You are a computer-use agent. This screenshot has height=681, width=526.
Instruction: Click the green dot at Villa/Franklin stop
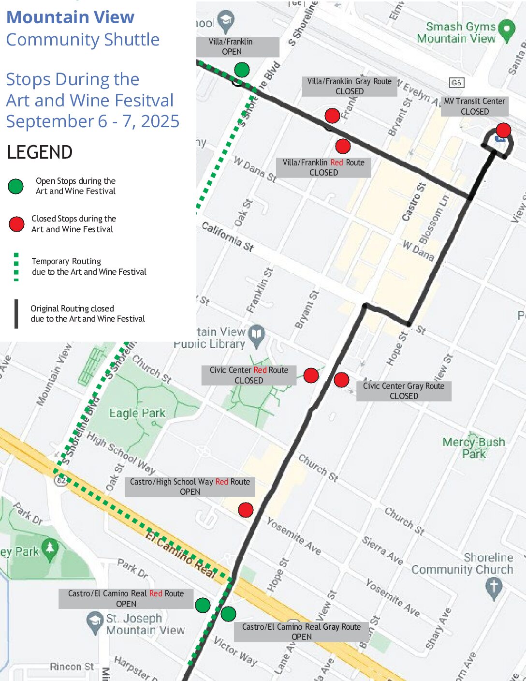pos(242,70)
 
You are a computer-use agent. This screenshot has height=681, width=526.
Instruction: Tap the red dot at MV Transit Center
pos(503,130)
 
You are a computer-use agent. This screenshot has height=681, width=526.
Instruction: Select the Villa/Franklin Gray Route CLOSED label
pos(350,86)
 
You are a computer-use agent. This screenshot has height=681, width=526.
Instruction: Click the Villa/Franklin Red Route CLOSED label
pos(323,167)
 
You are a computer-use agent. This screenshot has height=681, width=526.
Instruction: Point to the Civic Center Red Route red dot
pos(311,375)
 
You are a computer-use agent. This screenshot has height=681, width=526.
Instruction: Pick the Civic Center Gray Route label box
pos(404,391)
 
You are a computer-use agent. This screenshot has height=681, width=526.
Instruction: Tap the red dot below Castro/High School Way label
pos(246,510)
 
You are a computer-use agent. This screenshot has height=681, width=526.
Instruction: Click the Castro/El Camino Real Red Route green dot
pos(203,605)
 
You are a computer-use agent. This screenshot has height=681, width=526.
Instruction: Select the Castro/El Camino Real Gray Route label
pos(301,632)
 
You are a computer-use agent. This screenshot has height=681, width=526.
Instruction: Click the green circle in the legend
pos(16,186)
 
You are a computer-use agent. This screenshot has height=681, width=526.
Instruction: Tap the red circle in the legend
pos(16,224)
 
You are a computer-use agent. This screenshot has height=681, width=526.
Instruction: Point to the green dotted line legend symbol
pos(16,266)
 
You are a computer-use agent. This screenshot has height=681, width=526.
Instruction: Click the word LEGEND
pos(40,152)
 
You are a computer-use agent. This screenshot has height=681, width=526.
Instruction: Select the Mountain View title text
pos(70,17)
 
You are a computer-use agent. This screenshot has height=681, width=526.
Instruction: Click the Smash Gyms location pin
pos(506,30)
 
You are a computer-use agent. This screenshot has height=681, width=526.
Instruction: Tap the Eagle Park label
pos(137,413)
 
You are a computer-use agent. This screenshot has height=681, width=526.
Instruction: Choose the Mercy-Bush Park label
pos(473,447)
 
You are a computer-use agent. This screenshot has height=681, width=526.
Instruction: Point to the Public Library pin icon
pos(257,335)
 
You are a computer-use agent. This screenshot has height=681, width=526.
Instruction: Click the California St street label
pos(227,237)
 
